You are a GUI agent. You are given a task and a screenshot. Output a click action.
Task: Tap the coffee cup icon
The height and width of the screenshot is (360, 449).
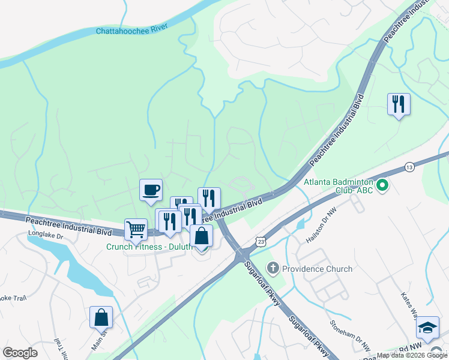[151, 190]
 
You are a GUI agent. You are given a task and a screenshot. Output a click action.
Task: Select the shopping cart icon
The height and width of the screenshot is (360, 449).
[136, 229]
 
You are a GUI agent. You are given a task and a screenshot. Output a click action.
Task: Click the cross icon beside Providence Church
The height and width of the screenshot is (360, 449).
[273, 268]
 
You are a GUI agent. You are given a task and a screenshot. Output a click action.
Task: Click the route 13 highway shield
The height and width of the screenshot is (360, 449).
[409, 166]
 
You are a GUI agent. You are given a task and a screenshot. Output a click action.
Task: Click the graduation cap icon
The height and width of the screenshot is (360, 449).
[427, 327]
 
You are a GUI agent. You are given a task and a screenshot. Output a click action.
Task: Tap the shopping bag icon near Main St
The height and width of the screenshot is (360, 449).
[101, 317]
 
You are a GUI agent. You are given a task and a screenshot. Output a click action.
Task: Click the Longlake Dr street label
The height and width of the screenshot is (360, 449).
[45, 236]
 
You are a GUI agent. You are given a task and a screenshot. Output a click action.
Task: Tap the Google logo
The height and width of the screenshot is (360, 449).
[20, 353]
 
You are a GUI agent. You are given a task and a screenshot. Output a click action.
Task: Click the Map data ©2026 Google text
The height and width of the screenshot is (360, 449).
[412, 355]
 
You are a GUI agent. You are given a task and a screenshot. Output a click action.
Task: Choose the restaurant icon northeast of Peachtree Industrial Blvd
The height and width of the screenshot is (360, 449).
[398, 104]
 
